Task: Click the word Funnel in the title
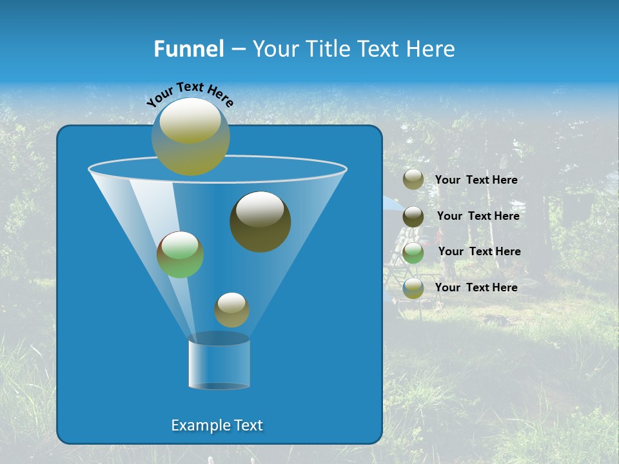click(x=188, y=49)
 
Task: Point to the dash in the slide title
click(x=237, y=50)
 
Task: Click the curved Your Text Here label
click(x=190, y=93)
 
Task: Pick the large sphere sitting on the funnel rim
click(x=191, y=136)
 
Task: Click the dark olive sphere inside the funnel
click(x=260, y=222)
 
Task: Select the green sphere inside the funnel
click(x=181, y=255)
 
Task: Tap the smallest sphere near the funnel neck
click(x=231, y=310)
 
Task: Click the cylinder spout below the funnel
click(x=219, y=365)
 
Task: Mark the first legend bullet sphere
click(x=413, y=180)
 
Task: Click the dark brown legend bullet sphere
click(x=413, y=217)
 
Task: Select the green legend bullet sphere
click(x=413, y=253)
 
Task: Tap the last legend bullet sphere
click(x=413, y=288)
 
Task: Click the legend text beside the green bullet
click(x=479, y=251)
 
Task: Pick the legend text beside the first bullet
click(x=476, y=180)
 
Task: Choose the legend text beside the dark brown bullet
click(x=478, y=216)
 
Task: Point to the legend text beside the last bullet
click(x=476, y=287)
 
